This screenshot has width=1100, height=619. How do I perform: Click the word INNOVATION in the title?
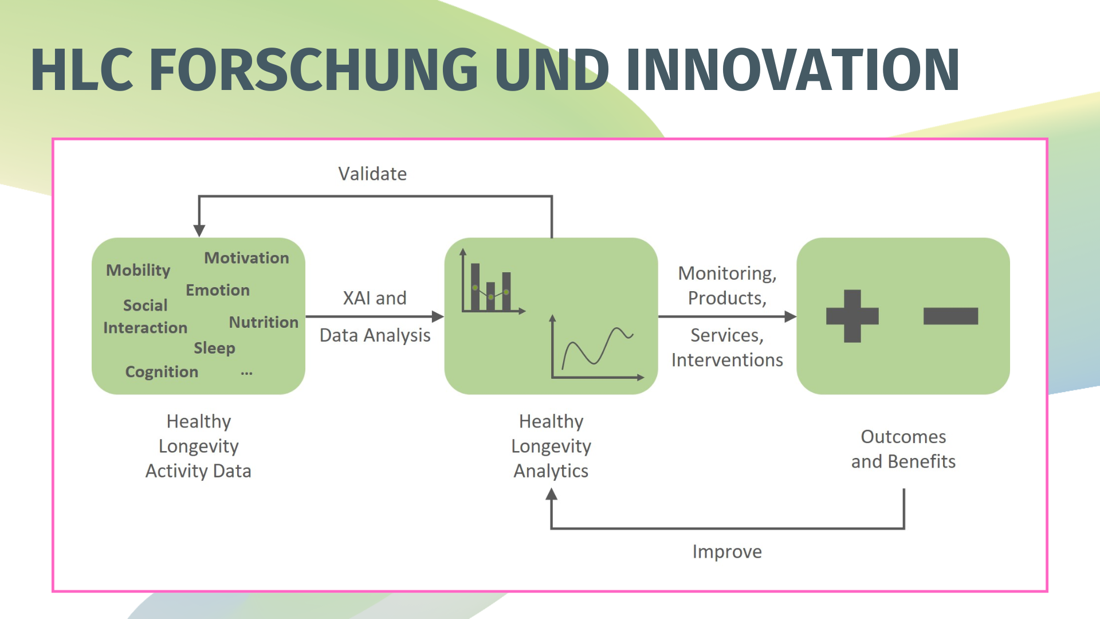point(793,70)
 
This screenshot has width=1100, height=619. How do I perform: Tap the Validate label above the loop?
point(372,174)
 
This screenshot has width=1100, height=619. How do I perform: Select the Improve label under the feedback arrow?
point(726,551)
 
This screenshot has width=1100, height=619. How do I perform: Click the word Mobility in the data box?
point(138,270)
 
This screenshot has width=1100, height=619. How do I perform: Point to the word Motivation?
point(246,258)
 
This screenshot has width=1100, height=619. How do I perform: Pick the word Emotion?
point(218,290)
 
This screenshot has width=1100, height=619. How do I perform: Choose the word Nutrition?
point(264,322)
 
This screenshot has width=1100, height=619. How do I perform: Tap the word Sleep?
point(214,348)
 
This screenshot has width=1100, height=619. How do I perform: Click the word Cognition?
point(162,372)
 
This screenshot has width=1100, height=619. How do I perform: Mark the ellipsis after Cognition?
point(246,373)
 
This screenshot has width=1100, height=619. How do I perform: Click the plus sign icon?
point(852,316)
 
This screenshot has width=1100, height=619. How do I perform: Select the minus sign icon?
point(950,316)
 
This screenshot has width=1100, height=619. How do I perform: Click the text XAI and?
point(375,298)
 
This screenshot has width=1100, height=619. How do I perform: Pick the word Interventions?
point(726,360)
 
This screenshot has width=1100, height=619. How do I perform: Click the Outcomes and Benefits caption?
point(903,449)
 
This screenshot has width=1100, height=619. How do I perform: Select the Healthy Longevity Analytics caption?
point(551,446)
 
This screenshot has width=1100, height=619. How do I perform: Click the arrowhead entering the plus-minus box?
point(790,316)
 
